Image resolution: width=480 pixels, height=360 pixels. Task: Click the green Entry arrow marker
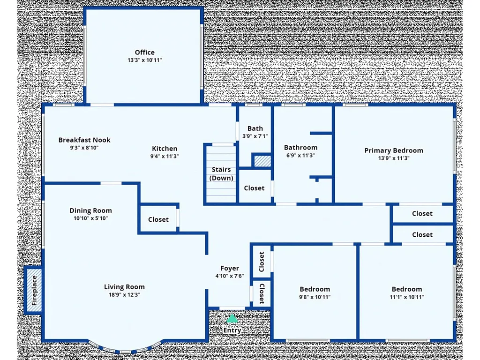(x=232, y=319)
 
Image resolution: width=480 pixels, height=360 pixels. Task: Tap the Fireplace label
(x=34, y=290)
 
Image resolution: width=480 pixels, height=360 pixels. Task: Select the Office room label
(x=144, y=52)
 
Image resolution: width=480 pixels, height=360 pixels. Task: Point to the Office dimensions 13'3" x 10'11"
(x=144, y=60)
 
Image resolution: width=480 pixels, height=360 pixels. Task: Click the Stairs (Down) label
(x=222, y=174)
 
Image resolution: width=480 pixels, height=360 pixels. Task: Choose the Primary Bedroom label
(x=394, y=150)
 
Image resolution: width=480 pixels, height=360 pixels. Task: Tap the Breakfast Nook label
(x=84, y=140)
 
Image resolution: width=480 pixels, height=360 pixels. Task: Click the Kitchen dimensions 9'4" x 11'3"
(x=164, y=157)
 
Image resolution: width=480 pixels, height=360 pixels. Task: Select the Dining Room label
(x=90, y=210)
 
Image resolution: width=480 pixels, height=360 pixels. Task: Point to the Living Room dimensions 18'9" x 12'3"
(x=124, y=295)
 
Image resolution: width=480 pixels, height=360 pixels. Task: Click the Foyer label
(x=230, y=269)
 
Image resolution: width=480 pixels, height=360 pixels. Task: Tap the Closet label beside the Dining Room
(x=158, y=219)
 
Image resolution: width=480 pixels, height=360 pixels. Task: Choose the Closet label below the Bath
(x=254, y=188)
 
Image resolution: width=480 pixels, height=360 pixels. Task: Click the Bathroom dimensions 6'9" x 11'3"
(x=300, y=156)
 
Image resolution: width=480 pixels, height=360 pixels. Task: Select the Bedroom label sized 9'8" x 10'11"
(x=315, y=289)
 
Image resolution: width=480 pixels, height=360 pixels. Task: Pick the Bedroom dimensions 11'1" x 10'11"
(x=406, y=297)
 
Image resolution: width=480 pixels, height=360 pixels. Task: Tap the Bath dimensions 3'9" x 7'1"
(x=255, y=136)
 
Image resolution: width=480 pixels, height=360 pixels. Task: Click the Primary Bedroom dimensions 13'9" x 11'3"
(x=394, y=158)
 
